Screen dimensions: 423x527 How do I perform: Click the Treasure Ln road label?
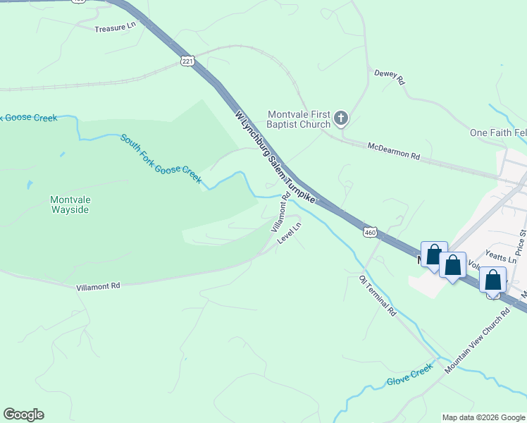coord(114,27)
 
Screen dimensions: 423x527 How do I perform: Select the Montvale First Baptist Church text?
coord(299,119)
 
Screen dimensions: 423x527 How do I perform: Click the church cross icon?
coord(341,118)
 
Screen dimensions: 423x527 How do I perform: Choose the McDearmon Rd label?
coord(393,150)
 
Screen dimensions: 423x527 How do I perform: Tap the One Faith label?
coord(497,133)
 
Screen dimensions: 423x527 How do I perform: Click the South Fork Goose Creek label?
coord(161,159)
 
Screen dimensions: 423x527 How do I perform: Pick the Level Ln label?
coord(289,233)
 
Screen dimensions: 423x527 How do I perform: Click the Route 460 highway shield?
coord(371,232)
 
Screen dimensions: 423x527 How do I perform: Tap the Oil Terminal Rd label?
coord(378,295)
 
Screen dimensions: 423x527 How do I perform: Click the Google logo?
coord(23,415)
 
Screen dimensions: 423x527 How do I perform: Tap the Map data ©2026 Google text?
coord(483,417)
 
